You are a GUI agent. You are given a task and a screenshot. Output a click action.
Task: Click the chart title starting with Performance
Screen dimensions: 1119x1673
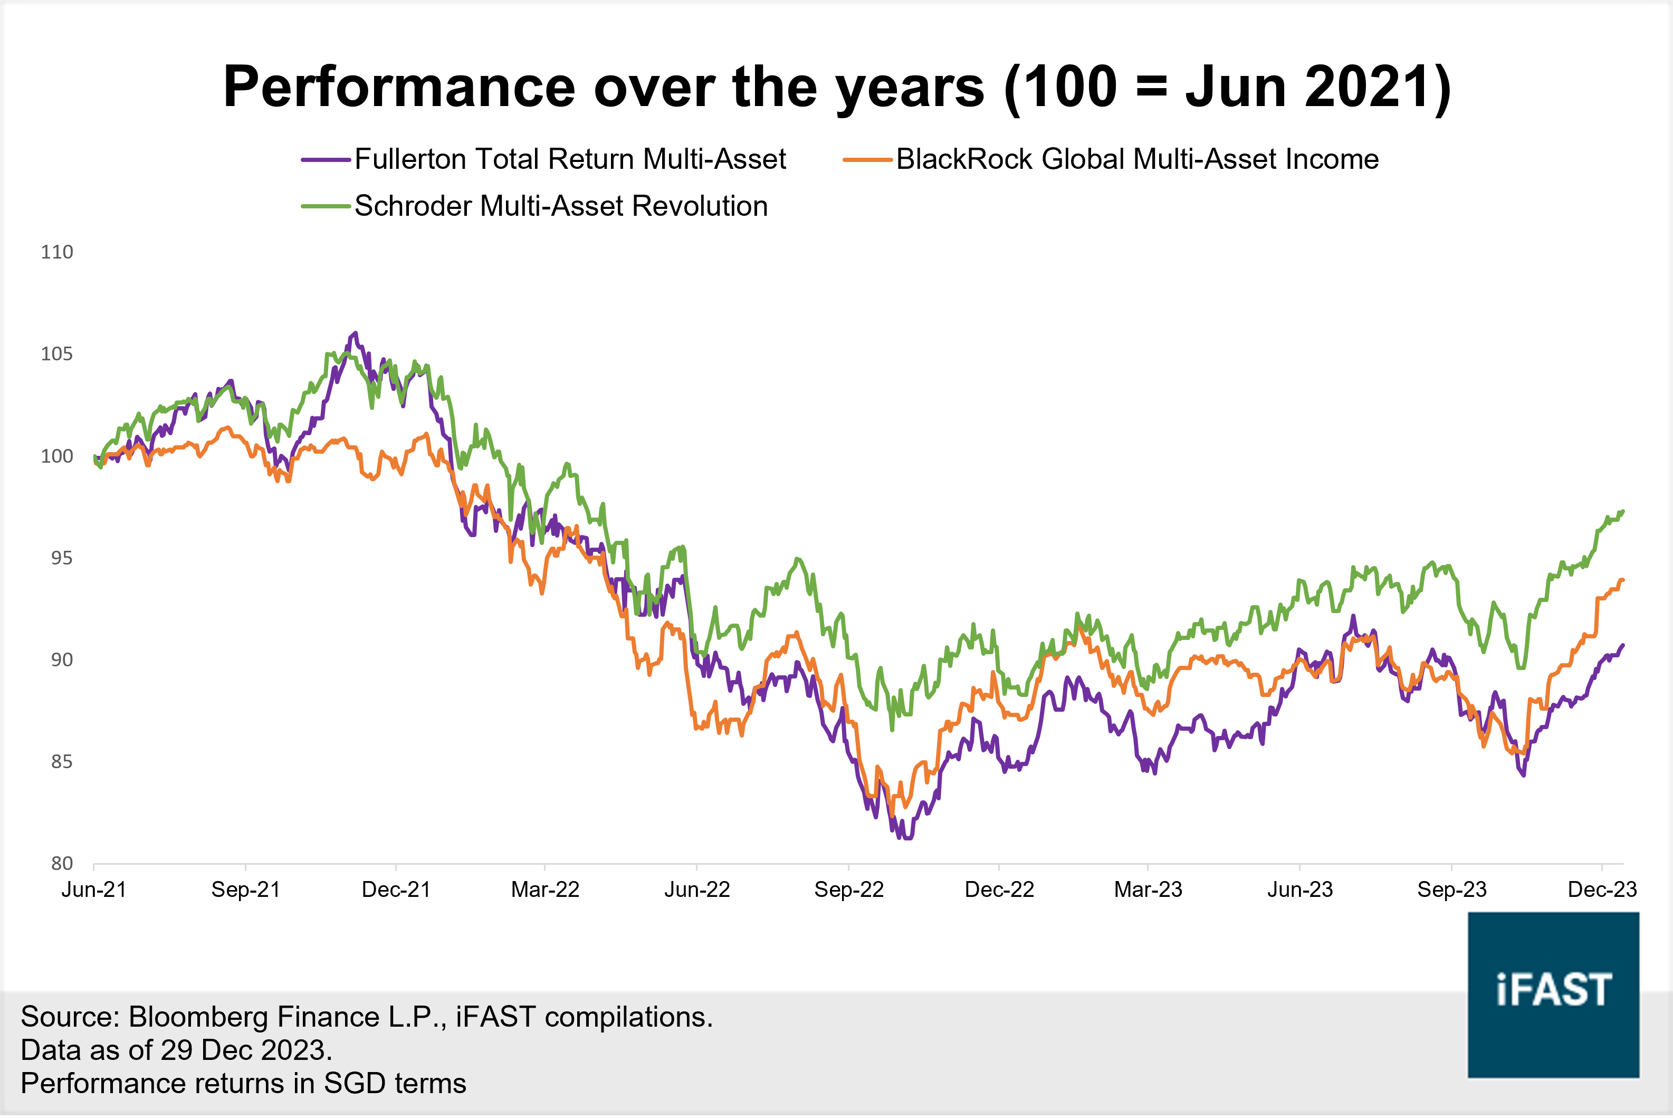pyautogui.click(x=837, y=87)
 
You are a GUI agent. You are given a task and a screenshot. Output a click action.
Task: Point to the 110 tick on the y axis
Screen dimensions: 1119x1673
pyautogui.click(x=57, y=252)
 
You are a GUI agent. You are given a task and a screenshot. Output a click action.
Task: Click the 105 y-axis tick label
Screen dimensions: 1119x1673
pyautogui.click(x=57, y=354)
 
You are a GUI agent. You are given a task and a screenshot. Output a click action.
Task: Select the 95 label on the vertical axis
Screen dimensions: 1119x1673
pyautogui.click(x=61, y=558)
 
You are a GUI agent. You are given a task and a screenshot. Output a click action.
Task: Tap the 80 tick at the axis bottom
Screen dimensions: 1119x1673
pyautogui.click(x=61, y=864)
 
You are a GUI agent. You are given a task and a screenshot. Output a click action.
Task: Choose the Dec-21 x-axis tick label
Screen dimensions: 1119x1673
pyautogui.click(x=396, y=890)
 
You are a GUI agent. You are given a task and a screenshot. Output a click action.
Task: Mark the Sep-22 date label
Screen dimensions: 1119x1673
pyautogui.click(x=848, y=890)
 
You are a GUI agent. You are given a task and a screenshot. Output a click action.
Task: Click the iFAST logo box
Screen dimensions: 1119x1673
pyautogui.click(x=1553, y=994)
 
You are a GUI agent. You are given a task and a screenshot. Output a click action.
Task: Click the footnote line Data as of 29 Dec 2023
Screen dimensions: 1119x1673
pyautogui.click(x=176, y=1050)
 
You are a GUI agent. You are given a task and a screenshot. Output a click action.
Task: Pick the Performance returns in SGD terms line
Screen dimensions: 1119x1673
pyautogui.click(x=243, y=1083)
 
